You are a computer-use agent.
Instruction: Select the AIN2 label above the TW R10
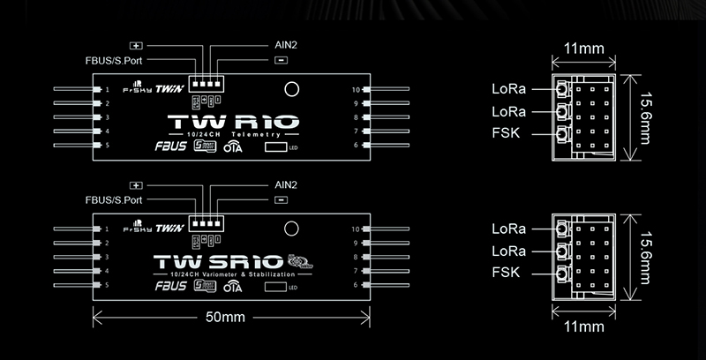[275, 44]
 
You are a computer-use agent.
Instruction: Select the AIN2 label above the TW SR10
[275, 184]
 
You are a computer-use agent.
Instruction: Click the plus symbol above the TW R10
[136, 44]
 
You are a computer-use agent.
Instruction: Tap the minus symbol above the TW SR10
[280, 200]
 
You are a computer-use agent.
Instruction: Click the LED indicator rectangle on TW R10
[275, 147]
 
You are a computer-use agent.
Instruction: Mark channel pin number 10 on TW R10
[356, 90]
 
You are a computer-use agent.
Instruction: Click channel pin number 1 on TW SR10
[107, 229]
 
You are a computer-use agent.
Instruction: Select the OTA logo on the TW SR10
[233, 287]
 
